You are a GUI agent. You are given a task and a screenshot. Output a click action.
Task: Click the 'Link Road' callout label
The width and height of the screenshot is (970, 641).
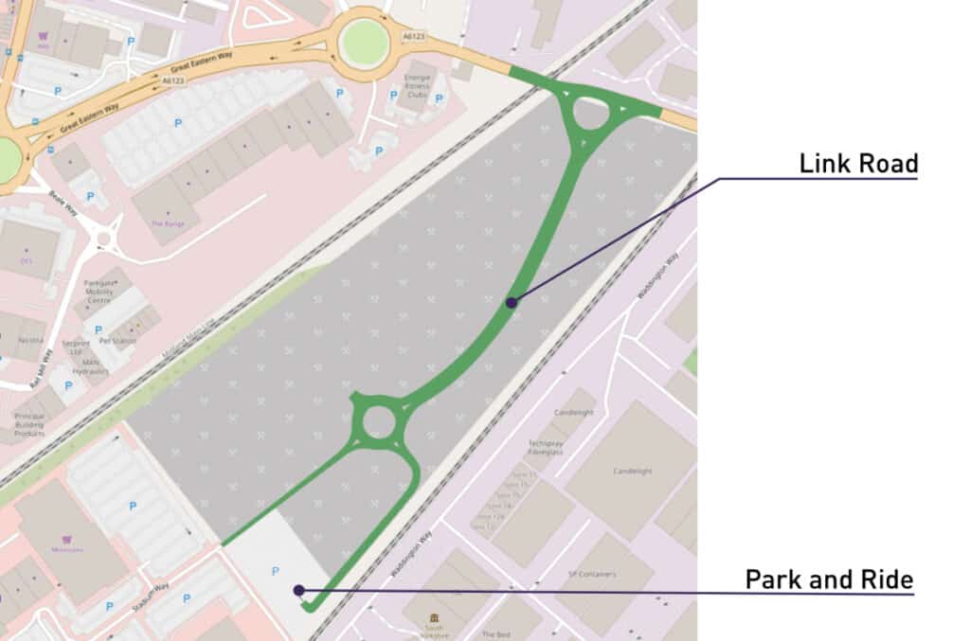[858, 163]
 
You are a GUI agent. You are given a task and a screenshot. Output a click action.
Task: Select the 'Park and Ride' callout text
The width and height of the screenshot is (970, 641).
[829, 579]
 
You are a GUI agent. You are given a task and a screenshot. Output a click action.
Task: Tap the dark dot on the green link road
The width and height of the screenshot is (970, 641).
[512, 303]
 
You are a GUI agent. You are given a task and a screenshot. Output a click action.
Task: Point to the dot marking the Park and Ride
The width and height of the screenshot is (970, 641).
[299, 590]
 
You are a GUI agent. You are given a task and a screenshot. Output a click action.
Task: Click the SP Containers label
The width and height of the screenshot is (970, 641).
[592, 574]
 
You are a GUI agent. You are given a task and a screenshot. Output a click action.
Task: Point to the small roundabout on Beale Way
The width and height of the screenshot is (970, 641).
[104, 239]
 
